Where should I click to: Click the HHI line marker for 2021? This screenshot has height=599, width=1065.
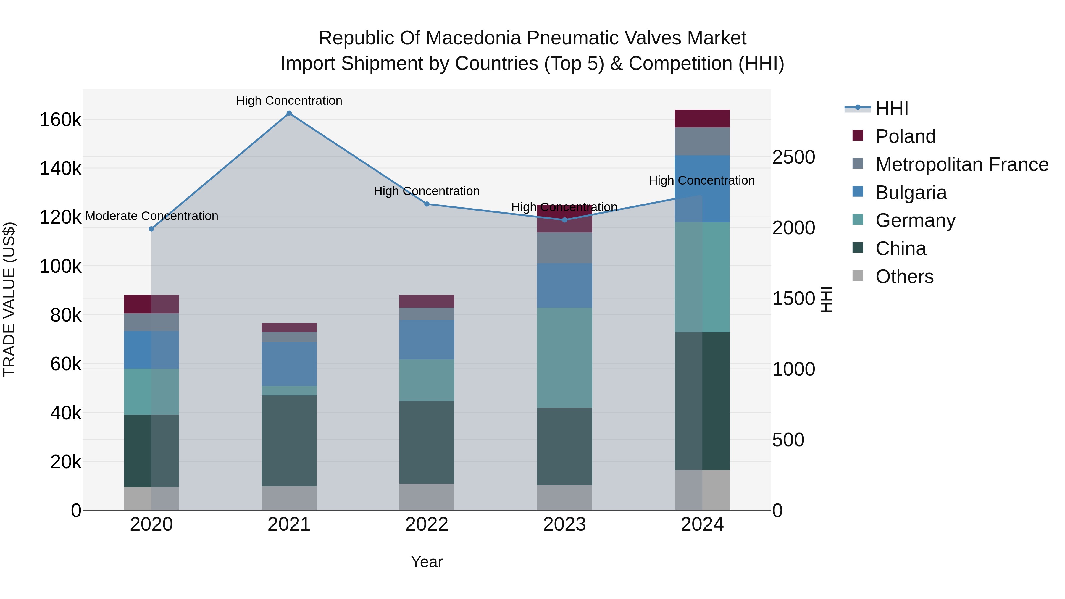pos(289,113)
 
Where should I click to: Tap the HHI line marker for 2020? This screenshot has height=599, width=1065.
pos(151,229)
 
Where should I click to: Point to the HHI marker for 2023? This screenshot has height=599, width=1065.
pos(565,220)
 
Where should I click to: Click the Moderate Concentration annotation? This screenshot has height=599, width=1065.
pos(152,216)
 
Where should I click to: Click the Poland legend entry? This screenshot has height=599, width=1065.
pos(906,136)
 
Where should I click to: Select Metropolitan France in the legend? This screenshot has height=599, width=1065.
pos(962,164)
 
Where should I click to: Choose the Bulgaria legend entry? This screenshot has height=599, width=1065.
pos(911,193)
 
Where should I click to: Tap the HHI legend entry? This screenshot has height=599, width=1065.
pos(892,108)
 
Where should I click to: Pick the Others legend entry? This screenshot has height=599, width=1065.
pos(904,277)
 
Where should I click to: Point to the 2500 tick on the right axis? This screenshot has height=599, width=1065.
pos(793,157)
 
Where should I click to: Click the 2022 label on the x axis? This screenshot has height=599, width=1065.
pos(427,524)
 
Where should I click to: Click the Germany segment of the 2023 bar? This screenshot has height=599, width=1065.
pos(565,358)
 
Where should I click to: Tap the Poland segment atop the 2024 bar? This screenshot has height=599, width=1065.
pos(702,119)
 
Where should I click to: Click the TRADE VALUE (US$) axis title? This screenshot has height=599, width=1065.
pos(9,299)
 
